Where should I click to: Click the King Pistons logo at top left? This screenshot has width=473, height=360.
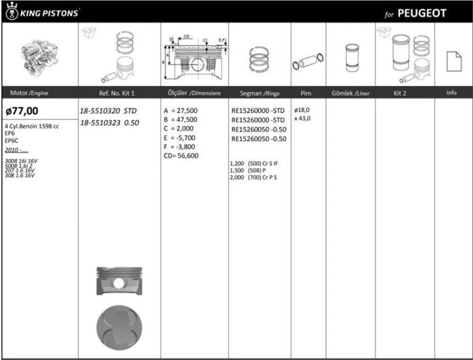point(42,12)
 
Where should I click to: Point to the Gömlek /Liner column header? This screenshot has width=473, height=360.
point(350,93)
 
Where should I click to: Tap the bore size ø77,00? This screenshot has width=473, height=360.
point(23,111)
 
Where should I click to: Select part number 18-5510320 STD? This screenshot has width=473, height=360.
point(108,111)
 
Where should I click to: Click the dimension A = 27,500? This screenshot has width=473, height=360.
point(181,111)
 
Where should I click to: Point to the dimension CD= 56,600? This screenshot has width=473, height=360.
point(181,156)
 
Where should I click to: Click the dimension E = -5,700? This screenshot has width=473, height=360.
point(180,138)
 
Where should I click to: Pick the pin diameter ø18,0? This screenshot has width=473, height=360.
point(302,110)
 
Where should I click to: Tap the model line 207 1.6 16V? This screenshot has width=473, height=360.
point(19,171)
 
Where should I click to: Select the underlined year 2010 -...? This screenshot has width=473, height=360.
point(15,150)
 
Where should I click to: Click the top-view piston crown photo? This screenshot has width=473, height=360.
point(119,325)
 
